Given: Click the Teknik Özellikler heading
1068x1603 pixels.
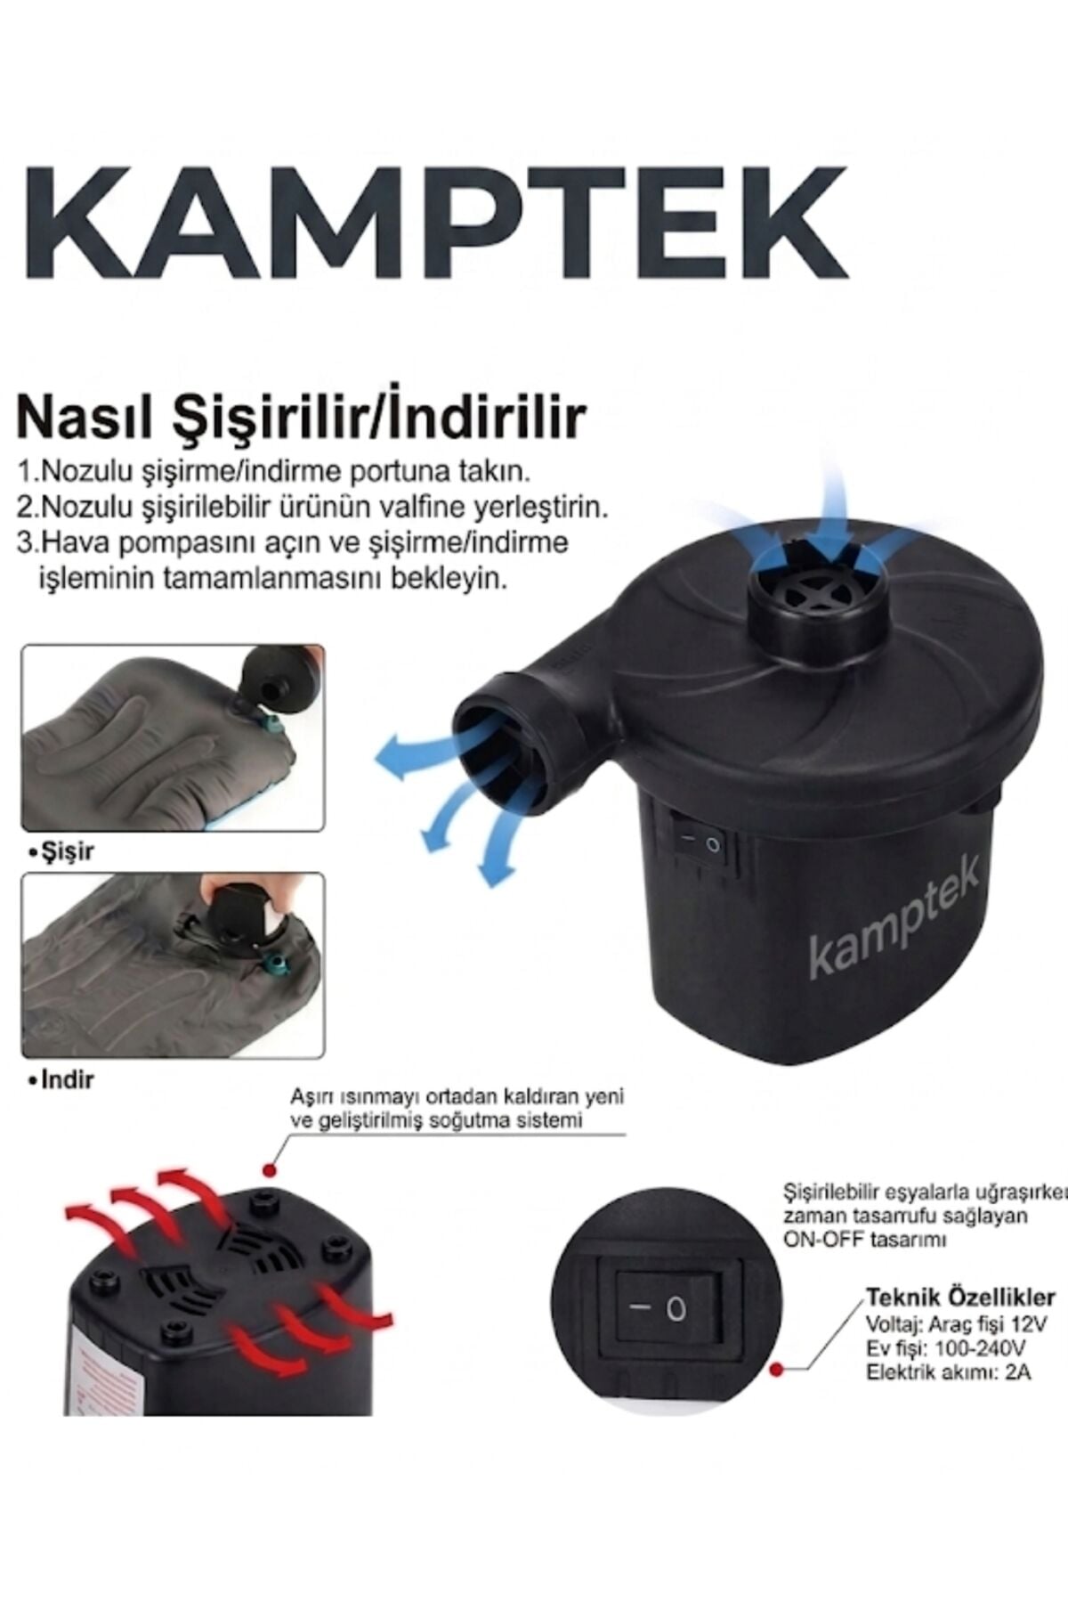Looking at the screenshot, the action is tap(960, 1297).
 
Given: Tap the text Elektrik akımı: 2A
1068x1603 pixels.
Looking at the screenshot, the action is tap(948, 1371).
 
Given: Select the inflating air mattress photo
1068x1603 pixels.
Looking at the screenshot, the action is tap(172, 738).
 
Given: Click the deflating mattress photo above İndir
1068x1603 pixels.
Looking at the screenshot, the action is tap(172, 967).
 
